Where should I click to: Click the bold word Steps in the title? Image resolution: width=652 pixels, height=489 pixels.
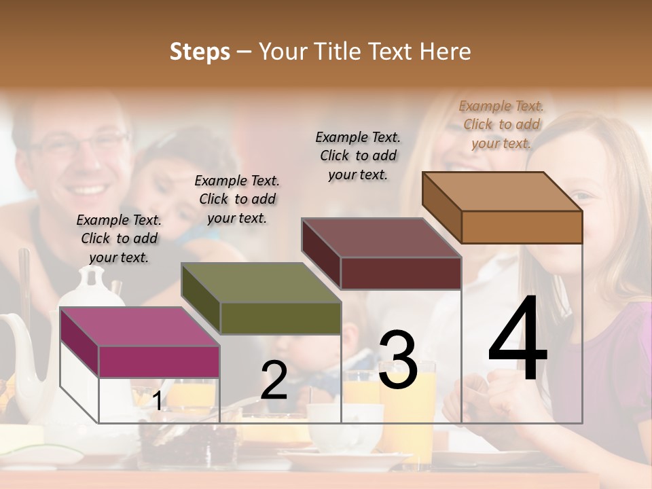pos(200,52)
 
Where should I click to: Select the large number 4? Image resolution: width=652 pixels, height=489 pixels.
pos(518,340)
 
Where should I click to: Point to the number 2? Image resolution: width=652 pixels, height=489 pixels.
pos(274,380)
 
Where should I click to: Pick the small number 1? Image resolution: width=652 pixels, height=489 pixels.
pos(158,401)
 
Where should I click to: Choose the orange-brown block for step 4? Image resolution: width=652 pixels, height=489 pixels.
pos(503,193)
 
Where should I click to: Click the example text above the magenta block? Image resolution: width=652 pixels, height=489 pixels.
pos(119,238)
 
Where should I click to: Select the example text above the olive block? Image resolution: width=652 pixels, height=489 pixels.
pos(237,199)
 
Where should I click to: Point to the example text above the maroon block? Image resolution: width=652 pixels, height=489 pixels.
pos(358,156)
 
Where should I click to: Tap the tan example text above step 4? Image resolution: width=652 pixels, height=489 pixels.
pos(501,124)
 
